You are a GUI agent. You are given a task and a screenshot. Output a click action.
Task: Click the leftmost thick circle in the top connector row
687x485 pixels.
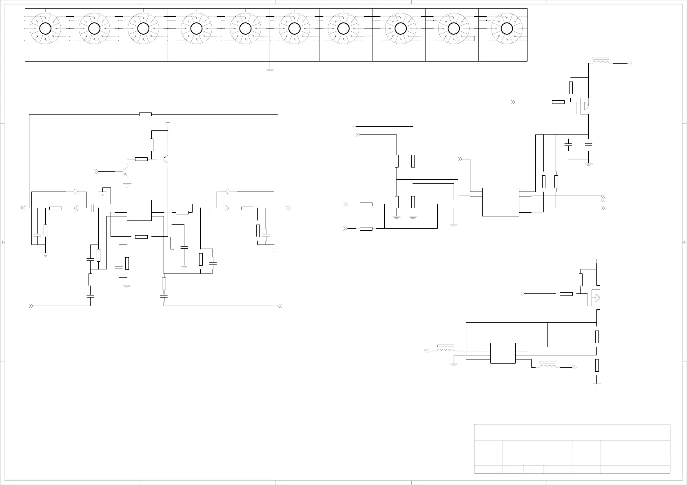45,29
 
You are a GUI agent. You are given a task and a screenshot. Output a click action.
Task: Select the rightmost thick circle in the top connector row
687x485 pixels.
506,29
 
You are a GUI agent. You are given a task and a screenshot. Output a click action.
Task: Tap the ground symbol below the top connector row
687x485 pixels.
270,70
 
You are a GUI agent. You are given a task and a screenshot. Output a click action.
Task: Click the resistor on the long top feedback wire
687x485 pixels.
145,115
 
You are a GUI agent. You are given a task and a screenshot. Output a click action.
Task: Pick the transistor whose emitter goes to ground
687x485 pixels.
125,172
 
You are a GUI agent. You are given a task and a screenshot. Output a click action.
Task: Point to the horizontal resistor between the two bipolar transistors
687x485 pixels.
141,159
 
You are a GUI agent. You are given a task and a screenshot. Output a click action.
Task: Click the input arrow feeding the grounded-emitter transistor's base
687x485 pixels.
96,171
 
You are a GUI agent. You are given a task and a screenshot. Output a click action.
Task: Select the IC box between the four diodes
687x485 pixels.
139,210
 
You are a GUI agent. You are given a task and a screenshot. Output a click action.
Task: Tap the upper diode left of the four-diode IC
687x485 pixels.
75,192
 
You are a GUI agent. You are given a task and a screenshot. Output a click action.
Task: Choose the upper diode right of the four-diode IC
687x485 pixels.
227,192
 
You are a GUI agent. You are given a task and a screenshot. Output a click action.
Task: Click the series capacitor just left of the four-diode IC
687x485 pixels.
93,208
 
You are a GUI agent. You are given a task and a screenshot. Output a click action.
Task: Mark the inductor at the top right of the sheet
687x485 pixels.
601,63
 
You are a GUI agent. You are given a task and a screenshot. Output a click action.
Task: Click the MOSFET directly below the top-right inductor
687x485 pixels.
585,106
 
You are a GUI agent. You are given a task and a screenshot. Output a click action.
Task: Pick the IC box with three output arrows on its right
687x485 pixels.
501,202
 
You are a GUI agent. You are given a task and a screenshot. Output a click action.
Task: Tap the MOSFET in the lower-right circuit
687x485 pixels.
595,298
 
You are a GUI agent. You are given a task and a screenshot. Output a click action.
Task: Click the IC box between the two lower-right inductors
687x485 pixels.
503,353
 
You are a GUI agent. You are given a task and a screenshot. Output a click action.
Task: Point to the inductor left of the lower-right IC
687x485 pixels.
445,350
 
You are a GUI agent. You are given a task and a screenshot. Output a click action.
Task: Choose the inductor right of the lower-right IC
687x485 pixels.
547,366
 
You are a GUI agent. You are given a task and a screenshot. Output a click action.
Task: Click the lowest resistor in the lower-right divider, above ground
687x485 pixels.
597,365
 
